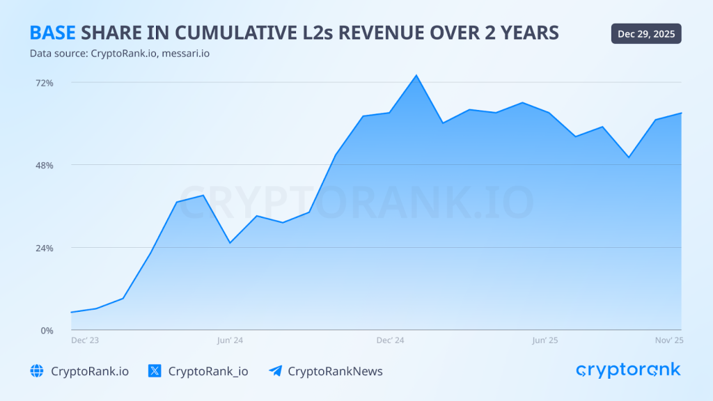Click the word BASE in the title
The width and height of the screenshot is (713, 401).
coord(52,33)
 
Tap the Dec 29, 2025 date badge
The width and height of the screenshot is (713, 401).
coord(646,33)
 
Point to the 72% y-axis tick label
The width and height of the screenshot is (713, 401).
coord(45,83)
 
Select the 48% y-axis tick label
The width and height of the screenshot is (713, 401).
coord(45,166)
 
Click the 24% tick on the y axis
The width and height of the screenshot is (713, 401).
coord(45,249)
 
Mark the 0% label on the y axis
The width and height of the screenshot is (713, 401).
coord(47,331)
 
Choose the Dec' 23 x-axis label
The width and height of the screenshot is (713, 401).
coord(85,340)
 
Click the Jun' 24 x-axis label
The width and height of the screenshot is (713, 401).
coord(230,340)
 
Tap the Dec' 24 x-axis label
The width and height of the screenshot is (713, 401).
coord(390,340)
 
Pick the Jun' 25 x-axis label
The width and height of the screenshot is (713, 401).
coord(545,340)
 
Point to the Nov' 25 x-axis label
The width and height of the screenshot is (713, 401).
coord(669,340)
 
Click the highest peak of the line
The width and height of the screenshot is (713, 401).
coord(416,75)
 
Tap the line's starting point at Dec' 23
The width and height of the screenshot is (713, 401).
coord(72,312)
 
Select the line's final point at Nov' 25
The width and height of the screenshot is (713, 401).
coord(680,113)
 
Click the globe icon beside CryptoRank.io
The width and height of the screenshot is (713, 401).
coord(37,371)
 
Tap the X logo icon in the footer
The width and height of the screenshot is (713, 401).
coord(155,371)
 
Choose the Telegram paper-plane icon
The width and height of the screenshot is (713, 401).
coord(275,371)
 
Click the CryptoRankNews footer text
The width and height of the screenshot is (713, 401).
coord(335,371)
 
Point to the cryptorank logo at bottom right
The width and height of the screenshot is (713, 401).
coord(628,370)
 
